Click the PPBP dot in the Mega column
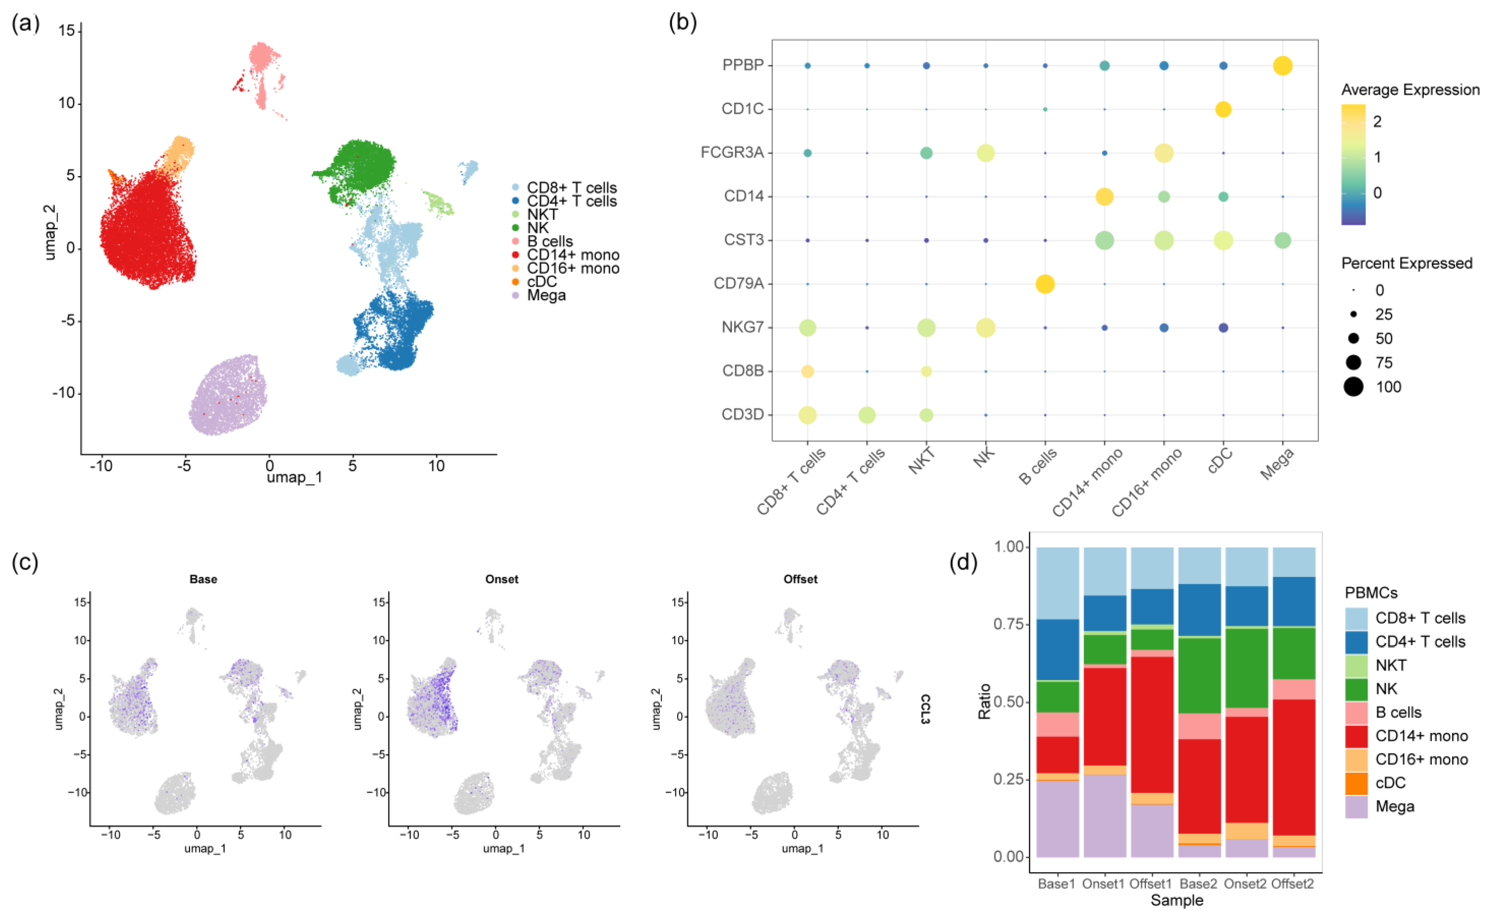pos(1282,65)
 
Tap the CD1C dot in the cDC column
pos(1223,109)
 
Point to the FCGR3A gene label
pos(732,152)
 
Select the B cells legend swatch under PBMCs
pos(1356,712)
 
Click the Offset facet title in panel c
pos(800,579)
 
